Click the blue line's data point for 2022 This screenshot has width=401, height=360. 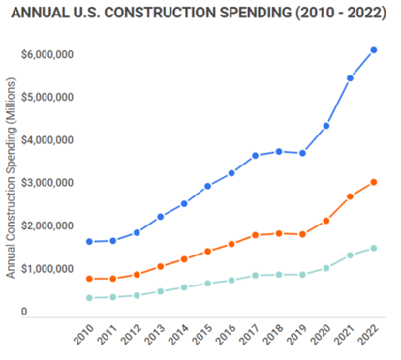point(374,50)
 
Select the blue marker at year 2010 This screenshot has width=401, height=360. point(90,242)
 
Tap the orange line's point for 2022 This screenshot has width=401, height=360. point(374,182)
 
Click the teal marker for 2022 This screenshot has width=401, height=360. point(374,248)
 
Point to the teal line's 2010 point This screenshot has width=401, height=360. point(90,298)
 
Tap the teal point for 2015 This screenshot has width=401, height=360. point(208,284)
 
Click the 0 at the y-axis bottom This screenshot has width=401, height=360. point(23,313)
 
